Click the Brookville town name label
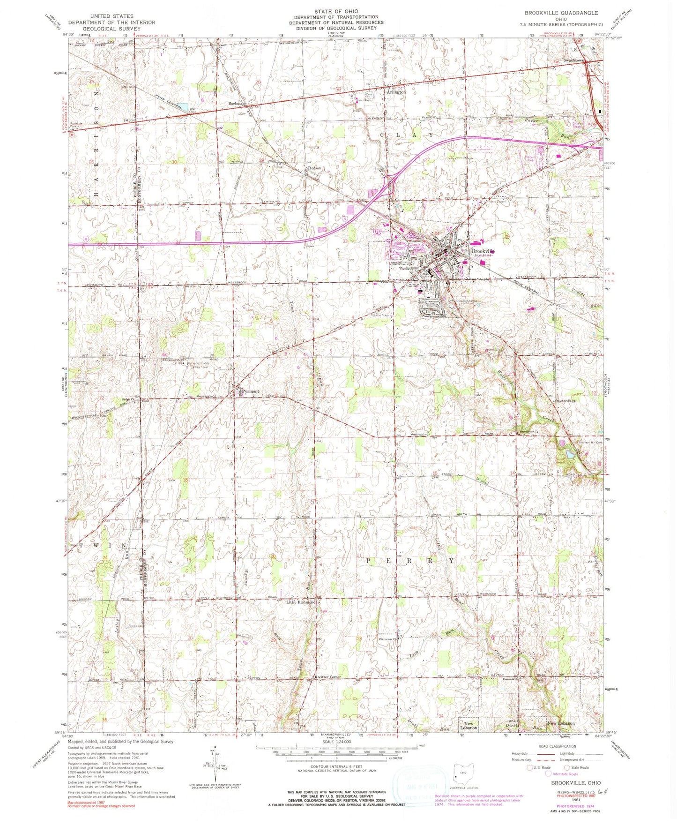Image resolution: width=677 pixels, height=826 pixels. [483, 251]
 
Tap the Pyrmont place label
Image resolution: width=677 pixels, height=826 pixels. [250, 391]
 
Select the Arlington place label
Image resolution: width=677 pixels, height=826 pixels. [396, 92]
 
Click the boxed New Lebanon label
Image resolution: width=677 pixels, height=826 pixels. [469, 725]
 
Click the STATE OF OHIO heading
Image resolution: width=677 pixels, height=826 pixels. [336, 11]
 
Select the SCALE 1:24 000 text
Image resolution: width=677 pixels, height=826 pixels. [336, 742]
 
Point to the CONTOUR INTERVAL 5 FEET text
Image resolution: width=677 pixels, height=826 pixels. [335, 767]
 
